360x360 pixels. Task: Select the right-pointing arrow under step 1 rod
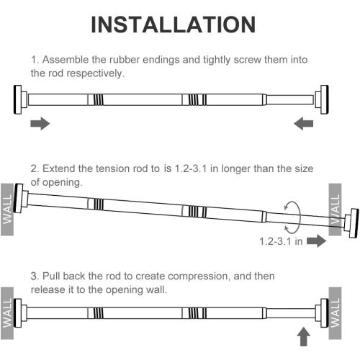(40, 125)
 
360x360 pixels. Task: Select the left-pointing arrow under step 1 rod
(305, 125)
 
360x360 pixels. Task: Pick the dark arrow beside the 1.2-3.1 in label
(316, 242)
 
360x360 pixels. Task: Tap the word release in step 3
(48, 289)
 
